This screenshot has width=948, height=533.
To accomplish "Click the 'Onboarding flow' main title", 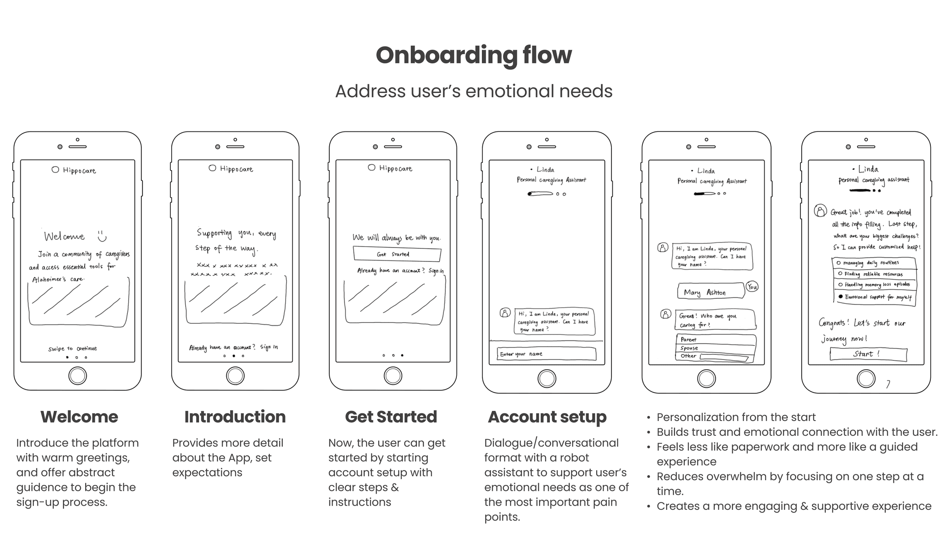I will point(474,55).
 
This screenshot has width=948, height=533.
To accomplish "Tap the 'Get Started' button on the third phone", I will point(397,254).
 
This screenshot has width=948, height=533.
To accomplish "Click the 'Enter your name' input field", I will point(546,354).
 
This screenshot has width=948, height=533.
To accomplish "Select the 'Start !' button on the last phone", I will point(868,354).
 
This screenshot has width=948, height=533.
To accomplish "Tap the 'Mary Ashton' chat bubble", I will point(710,292).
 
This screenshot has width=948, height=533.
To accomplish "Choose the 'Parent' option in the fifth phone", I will point(715,340).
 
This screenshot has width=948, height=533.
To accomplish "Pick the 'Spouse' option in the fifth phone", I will point(715,348).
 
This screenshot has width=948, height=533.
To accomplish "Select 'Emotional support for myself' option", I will point(875,297).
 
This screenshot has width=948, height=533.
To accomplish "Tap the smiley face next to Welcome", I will point(102,236).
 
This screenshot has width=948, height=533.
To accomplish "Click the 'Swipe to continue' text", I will point(73,349).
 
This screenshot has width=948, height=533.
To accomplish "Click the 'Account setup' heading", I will point(547,417).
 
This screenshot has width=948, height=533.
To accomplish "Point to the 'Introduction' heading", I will point(235,417).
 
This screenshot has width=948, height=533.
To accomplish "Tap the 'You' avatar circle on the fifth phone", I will point(752,287).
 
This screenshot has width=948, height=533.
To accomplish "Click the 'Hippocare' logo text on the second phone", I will point(236,169).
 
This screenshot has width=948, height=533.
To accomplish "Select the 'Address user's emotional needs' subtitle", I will point(474,91).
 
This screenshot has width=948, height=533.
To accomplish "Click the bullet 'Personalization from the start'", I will point(736,417).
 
